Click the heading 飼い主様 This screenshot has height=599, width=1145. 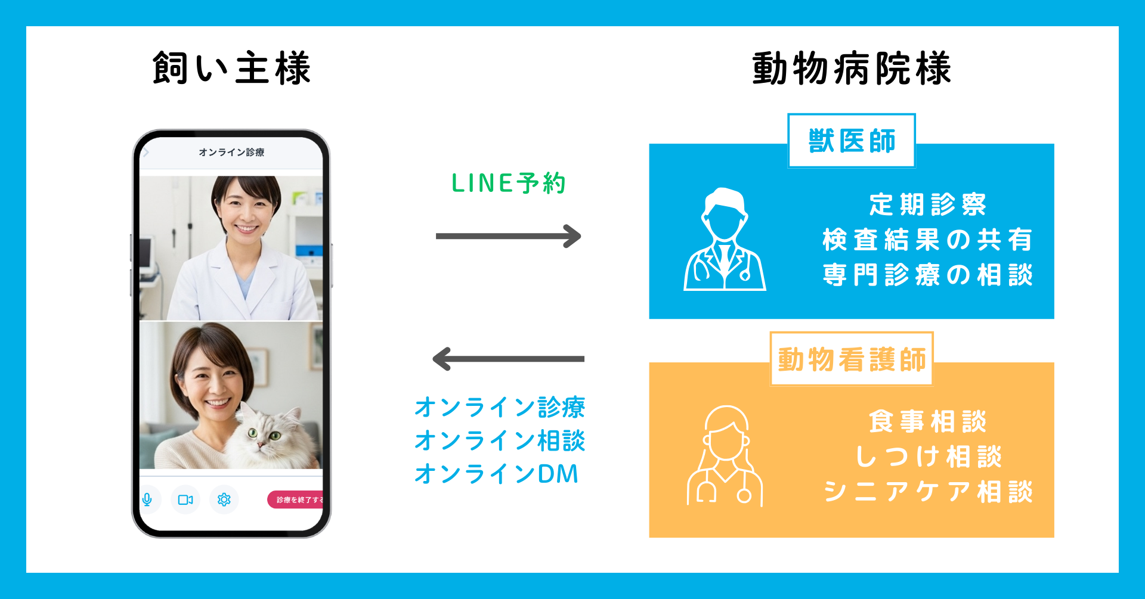pyautogui.click(x=231, y=68)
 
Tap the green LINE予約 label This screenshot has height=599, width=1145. pyautogui.click(x=508, y=183)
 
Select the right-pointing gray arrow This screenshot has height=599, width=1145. pyautogui.click(x=508, y=236)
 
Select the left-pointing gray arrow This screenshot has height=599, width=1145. pyautogui.click(x=508, y=359)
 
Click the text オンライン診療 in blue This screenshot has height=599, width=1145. pyautogui.click(x=500, y=408)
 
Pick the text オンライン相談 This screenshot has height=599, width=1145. pyautogui.click(x=500, y=441)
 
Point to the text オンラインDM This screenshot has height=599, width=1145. pyautogui.click(x=496, y=474)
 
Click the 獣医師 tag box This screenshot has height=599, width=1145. pyautogui.click(x=852, y=141)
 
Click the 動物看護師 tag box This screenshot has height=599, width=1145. pyautogui.click(x=851, y=359)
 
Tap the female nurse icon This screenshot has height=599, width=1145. pyautogui.click(x=725, y=457)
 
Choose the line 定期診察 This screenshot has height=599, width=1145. pyautogui.click(x=927, y=204)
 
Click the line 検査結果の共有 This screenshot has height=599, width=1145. pyautogui.click(x=927, y=240)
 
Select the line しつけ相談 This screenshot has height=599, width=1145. pyautogui.click(x=927, y=457)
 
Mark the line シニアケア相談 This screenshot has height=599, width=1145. pyautogui.click(x=927, y=492)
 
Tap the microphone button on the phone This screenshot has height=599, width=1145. pyautogui.click(x=147, y=499)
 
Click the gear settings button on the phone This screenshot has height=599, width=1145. pyautogui.click(x=224, y=499)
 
